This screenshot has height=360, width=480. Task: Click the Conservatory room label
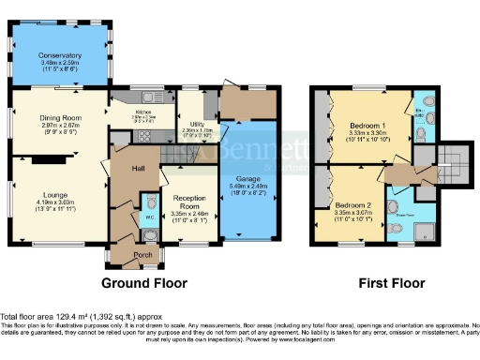(59, 56)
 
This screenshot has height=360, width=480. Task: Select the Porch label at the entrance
(142, 255)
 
